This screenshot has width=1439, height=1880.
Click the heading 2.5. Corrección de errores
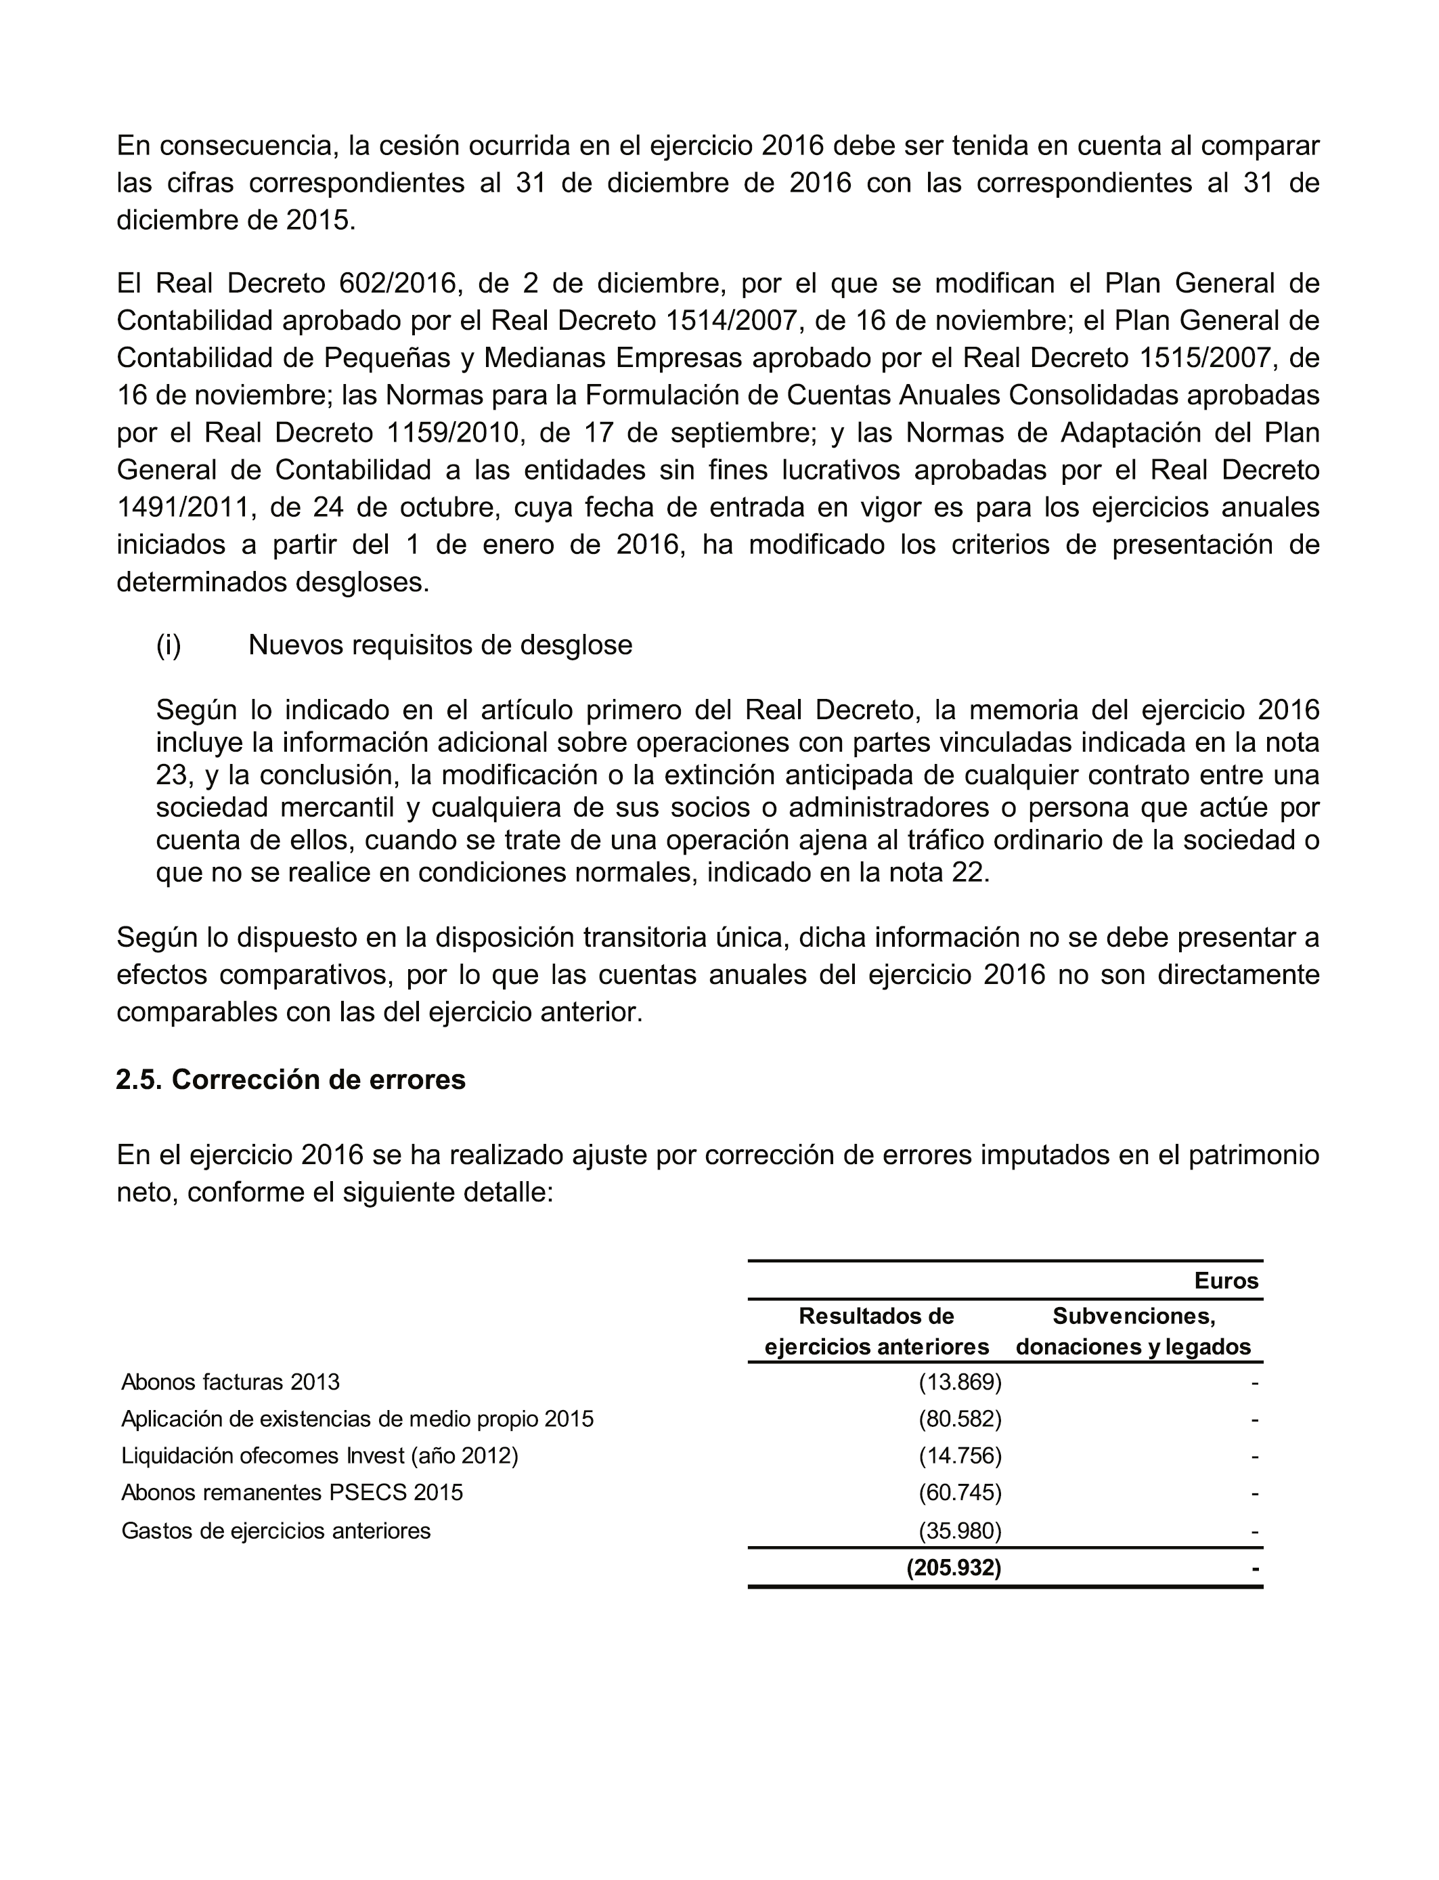(x=290, y=1080)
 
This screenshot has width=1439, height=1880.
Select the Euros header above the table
(x=1226, y=1281)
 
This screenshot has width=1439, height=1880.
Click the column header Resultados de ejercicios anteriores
(x=877, y=1331)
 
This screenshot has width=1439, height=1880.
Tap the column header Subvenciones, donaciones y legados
(x=1133, y=1331)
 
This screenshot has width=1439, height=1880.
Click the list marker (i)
(x=169, y=644)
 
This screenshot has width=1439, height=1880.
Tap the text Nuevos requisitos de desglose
(x=440, y=644)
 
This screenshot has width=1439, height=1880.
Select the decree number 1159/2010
(x=454, y=433)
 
